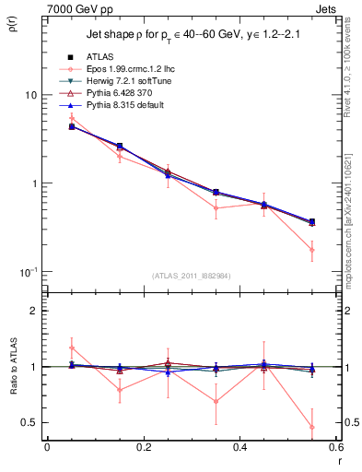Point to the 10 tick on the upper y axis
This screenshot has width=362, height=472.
click(x=30, y=95)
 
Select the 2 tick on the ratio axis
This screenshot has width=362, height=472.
click(x=35, y=311)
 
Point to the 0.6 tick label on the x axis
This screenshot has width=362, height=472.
click(x=336, y=446)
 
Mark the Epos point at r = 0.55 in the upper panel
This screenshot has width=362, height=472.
click(x=312, y=250)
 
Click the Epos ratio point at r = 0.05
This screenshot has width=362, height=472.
click(x=71, y=348)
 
